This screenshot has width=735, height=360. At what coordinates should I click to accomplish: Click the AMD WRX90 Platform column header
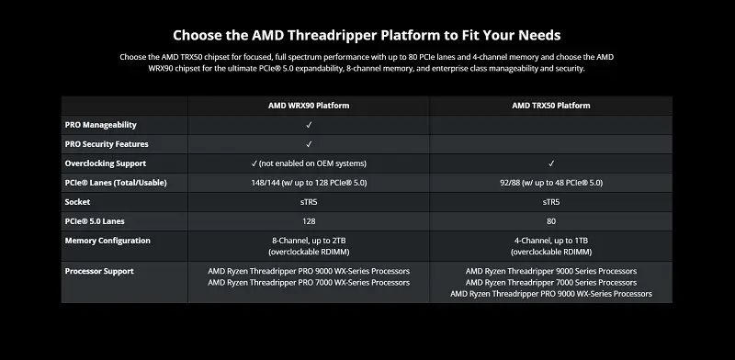(308, 106)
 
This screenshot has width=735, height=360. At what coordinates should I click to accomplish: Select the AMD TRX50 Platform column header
(550, 106)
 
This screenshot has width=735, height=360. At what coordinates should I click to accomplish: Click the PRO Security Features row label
(107, 144)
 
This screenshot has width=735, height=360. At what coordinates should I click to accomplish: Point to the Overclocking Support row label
(107, 163)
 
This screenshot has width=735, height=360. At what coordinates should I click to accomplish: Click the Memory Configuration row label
(107, 241)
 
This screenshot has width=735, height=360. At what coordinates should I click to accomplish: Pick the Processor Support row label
(99, 272)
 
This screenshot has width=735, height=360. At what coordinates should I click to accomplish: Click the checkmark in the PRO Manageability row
(309, 125)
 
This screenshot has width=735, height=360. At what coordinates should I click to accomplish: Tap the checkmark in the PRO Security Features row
(309, 144)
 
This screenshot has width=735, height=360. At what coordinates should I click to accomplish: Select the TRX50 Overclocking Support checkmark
(551, 163)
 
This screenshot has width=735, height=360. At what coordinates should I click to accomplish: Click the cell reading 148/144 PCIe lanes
(309, 183)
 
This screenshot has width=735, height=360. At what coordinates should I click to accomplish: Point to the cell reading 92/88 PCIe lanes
(551, 183)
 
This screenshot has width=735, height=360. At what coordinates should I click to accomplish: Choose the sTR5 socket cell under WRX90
(309, 202)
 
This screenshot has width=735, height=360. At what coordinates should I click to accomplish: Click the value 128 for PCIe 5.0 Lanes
(309, 221)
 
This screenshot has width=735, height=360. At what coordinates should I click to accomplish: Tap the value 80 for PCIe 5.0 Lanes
(551, 221)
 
